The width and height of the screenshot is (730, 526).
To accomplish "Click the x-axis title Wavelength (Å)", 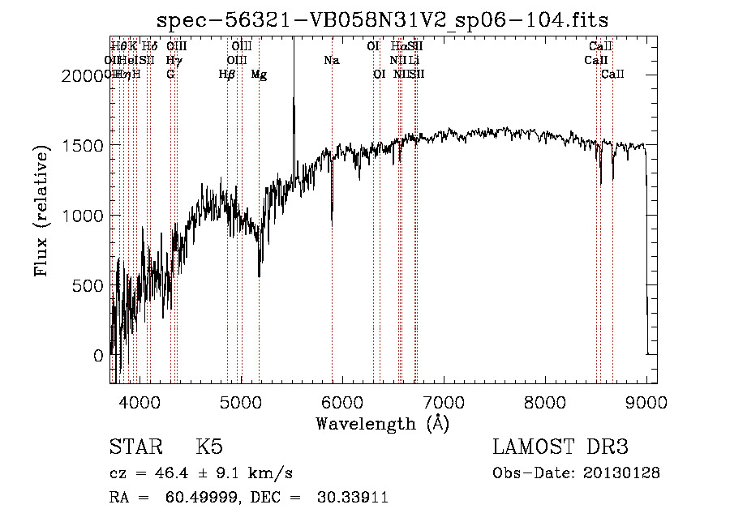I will click(x=382, y=423).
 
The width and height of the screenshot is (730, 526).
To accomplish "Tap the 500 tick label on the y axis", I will click(x=87, y=285).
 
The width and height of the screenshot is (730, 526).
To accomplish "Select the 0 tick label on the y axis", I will click(x=97, y=355).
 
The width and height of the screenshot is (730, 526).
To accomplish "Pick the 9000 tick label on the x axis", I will click(x=646, y=401).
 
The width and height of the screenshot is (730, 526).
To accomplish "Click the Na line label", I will click(x=331, y=60).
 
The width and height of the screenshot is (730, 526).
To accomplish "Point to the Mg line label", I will click(x=259, y=75).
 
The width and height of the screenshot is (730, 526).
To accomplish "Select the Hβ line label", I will click(x=227, y=75).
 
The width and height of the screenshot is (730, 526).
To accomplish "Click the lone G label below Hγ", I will click(x=170, y=75).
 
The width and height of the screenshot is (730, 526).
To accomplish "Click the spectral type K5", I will click(x=208, y=447).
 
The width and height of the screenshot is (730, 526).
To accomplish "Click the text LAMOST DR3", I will click(x=560, y=447).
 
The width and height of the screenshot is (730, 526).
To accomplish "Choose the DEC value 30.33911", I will click(x=352, y=498).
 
